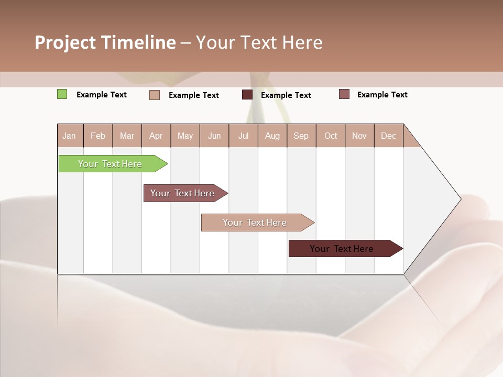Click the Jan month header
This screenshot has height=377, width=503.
(x=69, y=136)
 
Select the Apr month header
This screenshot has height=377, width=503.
(x=156, y=136)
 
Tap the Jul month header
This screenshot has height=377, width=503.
(x=243, y=136)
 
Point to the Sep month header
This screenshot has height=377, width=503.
(x=301, y=136)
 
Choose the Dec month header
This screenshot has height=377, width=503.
(x=388, y=136)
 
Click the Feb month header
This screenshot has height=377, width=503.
(x=98, y=136)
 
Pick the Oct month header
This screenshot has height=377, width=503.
(x=331, y=136)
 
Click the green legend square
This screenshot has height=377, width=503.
(x=62, y=94)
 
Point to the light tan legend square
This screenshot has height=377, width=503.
(x=155, y=95)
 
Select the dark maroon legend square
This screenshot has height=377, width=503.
(x=247, y=95)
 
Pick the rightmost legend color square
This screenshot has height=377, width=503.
(x=344, y=94)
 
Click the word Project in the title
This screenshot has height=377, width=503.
(x=64, y=42)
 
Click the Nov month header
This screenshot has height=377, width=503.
(x=359, y=136)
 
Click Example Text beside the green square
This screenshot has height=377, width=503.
(x=102, y=95)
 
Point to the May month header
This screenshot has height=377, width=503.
(x=185, y=136)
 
